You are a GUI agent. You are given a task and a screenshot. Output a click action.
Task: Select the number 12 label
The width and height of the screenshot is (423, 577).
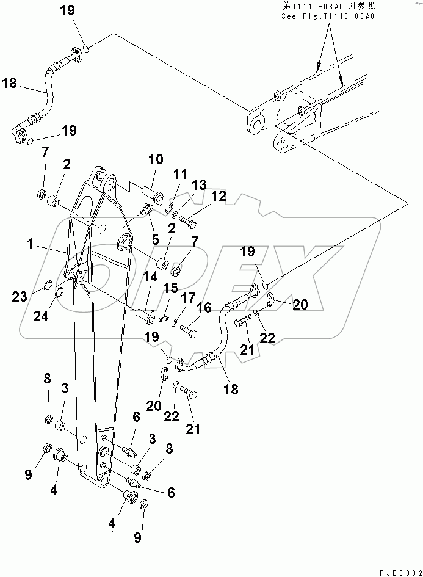[x=201, y=196]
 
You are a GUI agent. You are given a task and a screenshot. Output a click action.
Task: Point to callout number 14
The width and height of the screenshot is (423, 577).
[x=150, y=277]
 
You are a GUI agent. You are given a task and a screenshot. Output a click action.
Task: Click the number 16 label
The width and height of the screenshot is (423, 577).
[x=203, y=307]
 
